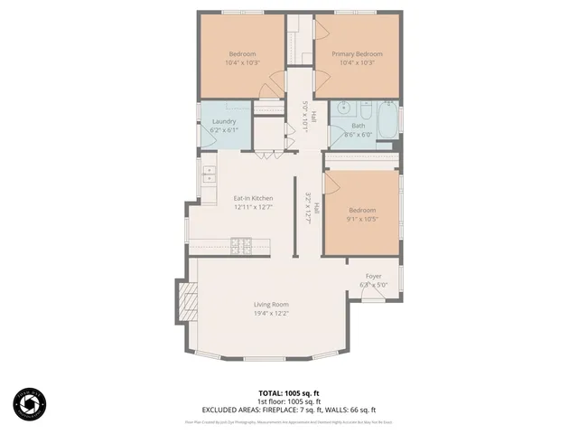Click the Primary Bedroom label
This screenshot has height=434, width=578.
pos(356,54)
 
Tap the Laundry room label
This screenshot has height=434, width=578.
pos(224,122)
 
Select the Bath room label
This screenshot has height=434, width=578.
pos(358,126)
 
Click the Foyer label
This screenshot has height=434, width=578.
pos(374,276)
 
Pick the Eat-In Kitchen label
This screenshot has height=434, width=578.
pos(253,198)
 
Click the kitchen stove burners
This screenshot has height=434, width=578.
pos(241,242)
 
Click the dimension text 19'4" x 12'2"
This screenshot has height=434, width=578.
pos(271,314)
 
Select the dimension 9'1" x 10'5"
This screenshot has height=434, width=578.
pos(361,219)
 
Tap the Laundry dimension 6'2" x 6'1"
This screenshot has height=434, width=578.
pos(224,130)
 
